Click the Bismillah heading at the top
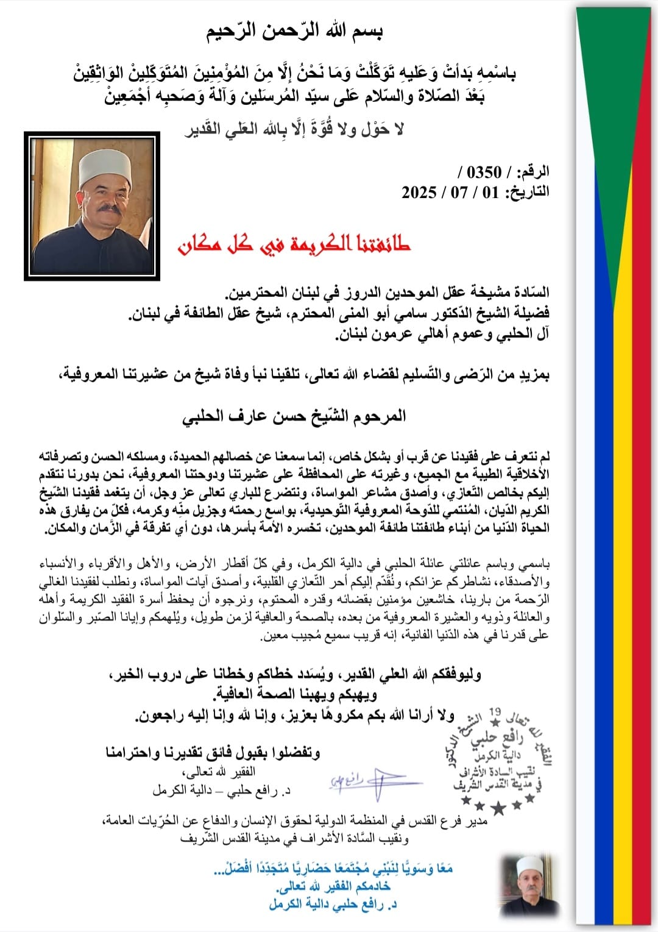tap(297, 30)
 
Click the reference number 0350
tap(484, 172)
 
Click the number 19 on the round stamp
tap(495, 711)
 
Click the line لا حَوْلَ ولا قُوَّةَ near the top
tap(295, 129)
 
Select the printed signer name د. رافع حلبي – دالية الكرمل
tap(221, 791)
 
